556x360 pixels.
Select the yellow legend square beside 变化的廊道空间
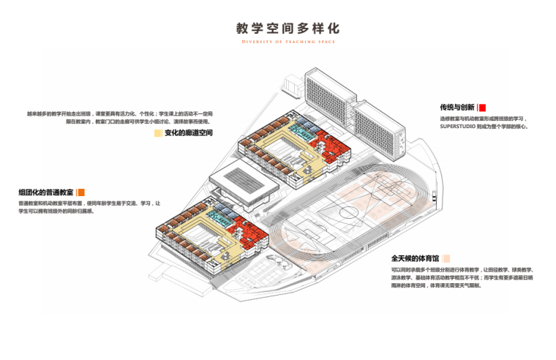click(x=158, y=134)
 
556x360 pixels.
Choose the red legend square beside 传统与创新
click(x=483, y=107)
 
